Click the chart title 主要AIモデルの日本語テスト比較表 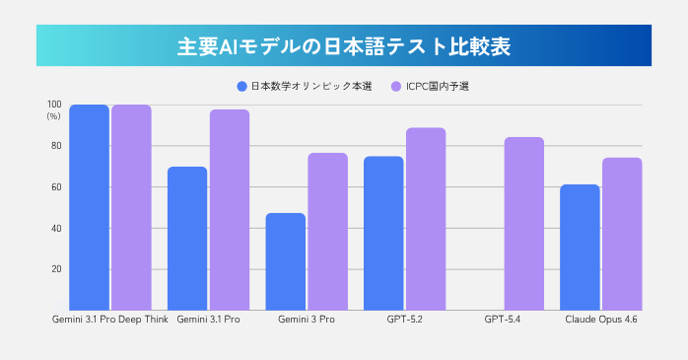pyautogui.click(x=344, y=46)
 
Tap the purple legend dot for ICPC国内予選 pyautogui.click(x=395, y=86)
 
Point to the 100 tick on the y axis pyautogui.click(x=53, y=105)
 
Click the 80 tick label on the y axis pyautogui.click(x=56, y=146)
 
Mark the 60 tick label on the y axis pyautogui.click(x=56, y=187)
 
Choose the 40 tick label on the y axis pyautogui.click(x=56, y=228)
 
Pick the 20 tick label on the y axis pyautogui.click(x=56, y=269)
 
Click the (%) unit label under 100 pyautogui.click(x=53, y=116)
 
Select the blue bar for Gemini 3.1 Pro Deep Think pyautogui.click(x=89, y=207)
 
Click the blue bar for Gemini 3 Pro pyautogui.click(x=286, y=261)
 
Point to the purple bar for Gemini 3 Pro pyautogui.click(x=327, y=232)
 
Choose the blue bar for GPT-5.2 pyautogui.click(x=383, y=233)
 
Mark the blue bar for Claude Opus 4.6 pyautogui.click(x=580, y=247)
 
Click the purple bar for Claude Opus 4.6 pyautogui.click(x=622, y=234)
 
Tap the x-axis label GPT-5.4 pyautogui.click(x=503, y=320)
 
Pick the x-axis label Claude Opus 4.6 pyautogui.click(x=600, y=320)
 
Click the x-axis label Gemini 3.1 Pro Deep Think pyautogui.click(x=108, y=320)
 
